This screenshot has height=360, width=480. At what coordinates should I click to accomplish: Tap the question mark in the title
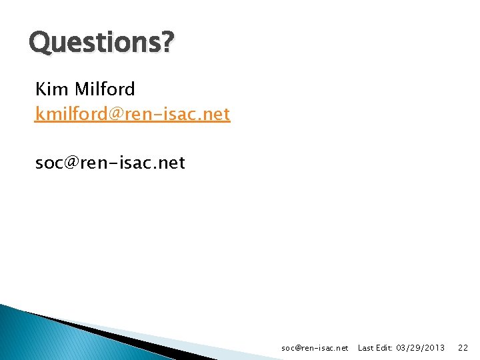click(x=167, y=43)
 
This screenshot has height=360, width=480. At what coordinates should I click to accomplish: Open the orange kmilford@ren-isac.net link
click(x=133, y=114)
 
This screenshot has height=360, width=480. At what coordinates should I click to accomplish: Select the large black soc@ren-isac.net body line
click(x=110, y=163)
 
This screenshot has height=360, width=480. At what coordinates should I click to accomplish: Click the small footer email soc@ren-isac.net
click(x=315, y=348)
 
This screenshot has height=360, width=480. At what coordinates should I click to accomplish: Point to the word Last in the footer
click(x=367, y=348)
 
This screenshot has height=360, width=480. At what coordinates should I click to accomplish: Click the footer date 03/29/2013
click(x=421, y=348)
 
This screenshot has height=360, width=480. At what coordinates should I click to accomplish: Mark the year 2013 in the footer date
click(x=435, y=348)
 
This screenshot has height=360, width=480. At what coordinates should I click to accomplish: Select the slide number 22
click(x=463, y=348)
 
